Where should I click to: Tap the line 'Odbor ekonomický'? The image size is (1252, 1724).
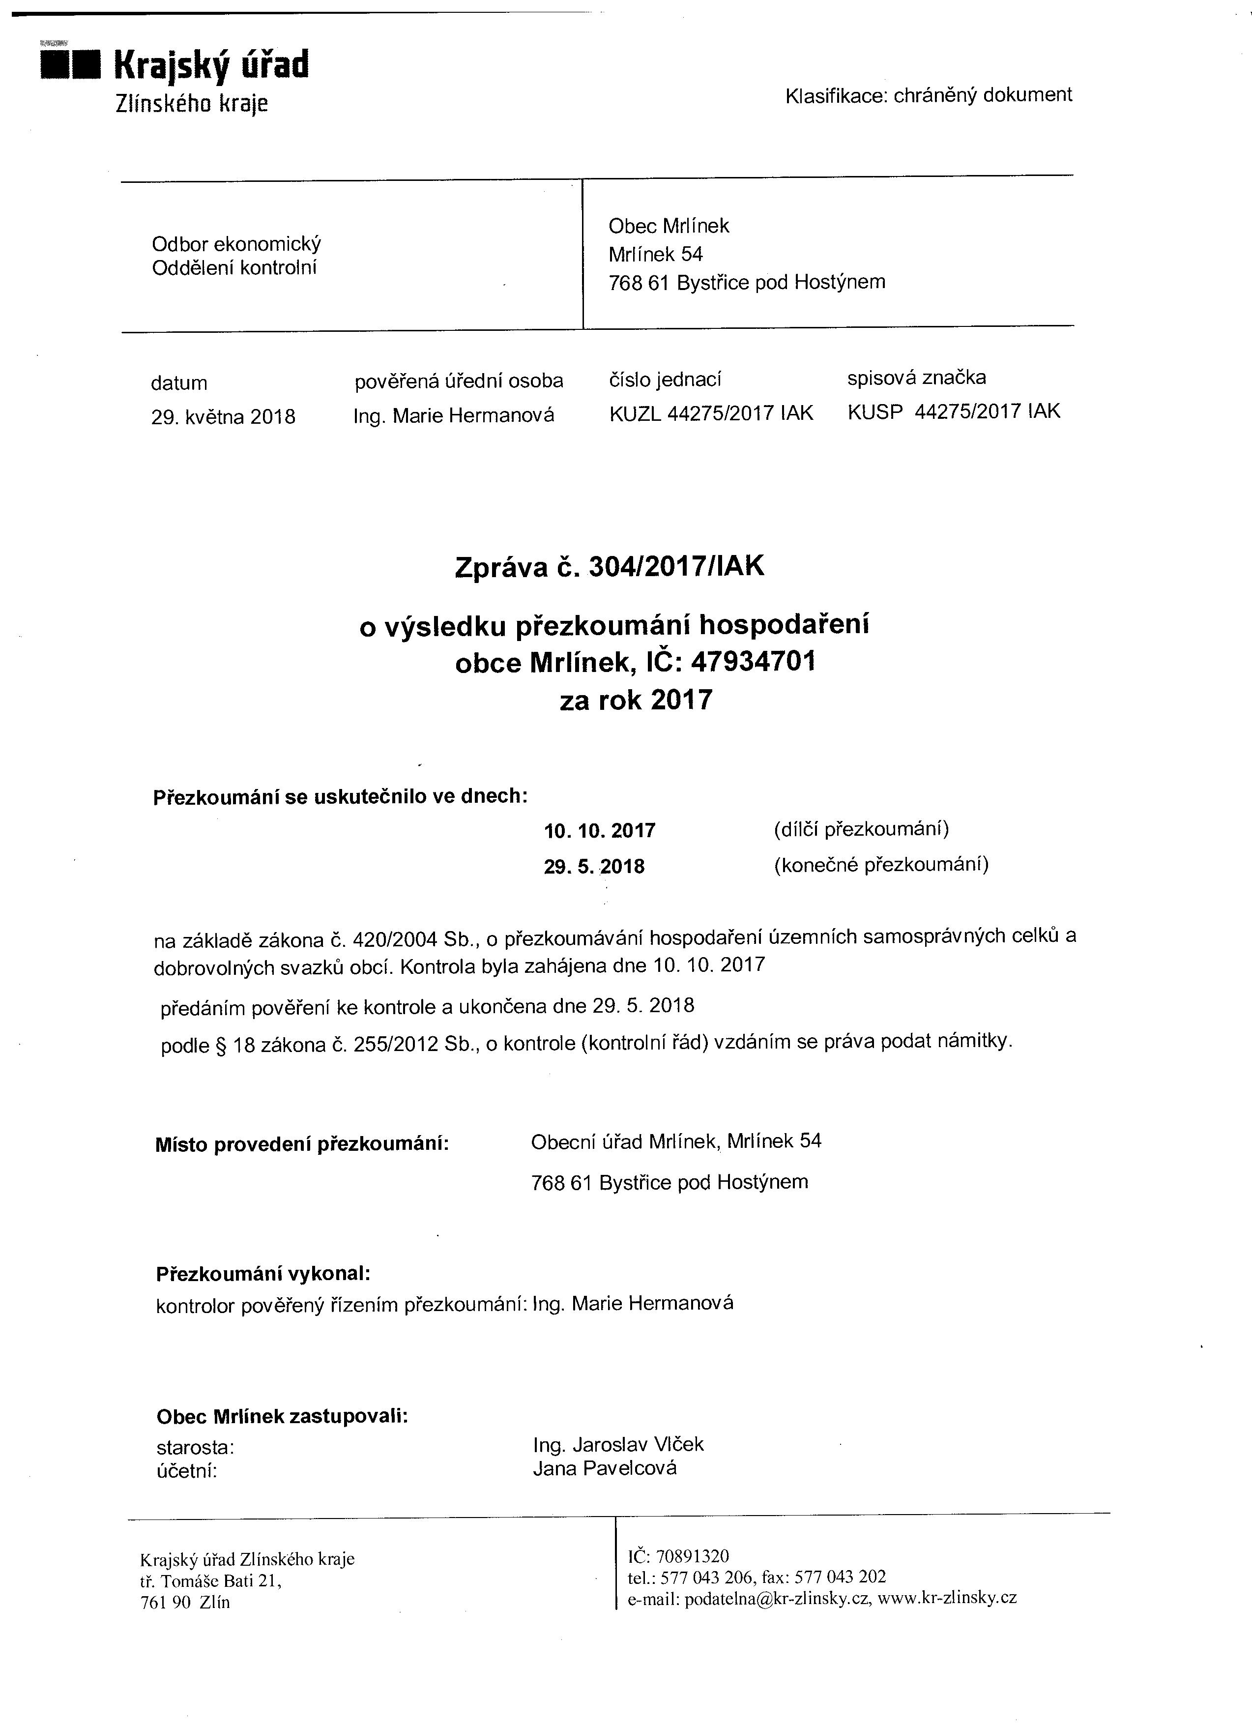click(x=236, y=244)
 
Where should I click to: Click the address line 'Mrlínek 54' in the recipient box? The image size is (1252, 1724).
click(x=655, y=254)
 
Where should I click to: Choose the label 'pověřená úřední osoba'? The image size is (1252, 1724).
click(x=459, y=381)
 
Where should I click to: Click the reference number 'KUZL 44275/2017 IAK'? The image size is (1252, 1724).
click(x=711, y=413)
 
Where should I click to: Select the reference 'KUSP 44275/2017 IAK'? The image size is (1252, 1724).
click(x=953, y=412)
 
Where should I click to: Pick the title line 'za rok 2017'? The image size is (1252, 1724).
click(x=636, y=700)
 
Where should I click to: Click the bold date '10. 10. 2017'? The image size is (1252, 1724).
click(x=600, y=831)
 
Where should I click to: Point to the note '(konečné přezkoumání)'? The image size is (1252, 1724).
click(x=881, y=865)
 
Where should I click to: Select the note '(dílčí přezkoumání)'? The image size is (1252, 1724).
click(x=861, y=828)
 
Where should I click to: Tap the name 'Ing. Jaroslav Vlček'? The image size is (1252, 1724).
click(x=618, y=1444)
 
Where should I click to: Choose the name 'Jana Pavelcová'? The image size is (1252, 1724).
click(x=604, y=1468)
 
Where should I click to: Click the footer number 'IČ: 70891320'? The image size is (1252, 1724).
click(x=678, y=1557)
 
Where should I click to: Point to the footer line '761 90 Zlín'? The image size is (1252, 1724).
click(x=185, y=1603)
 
